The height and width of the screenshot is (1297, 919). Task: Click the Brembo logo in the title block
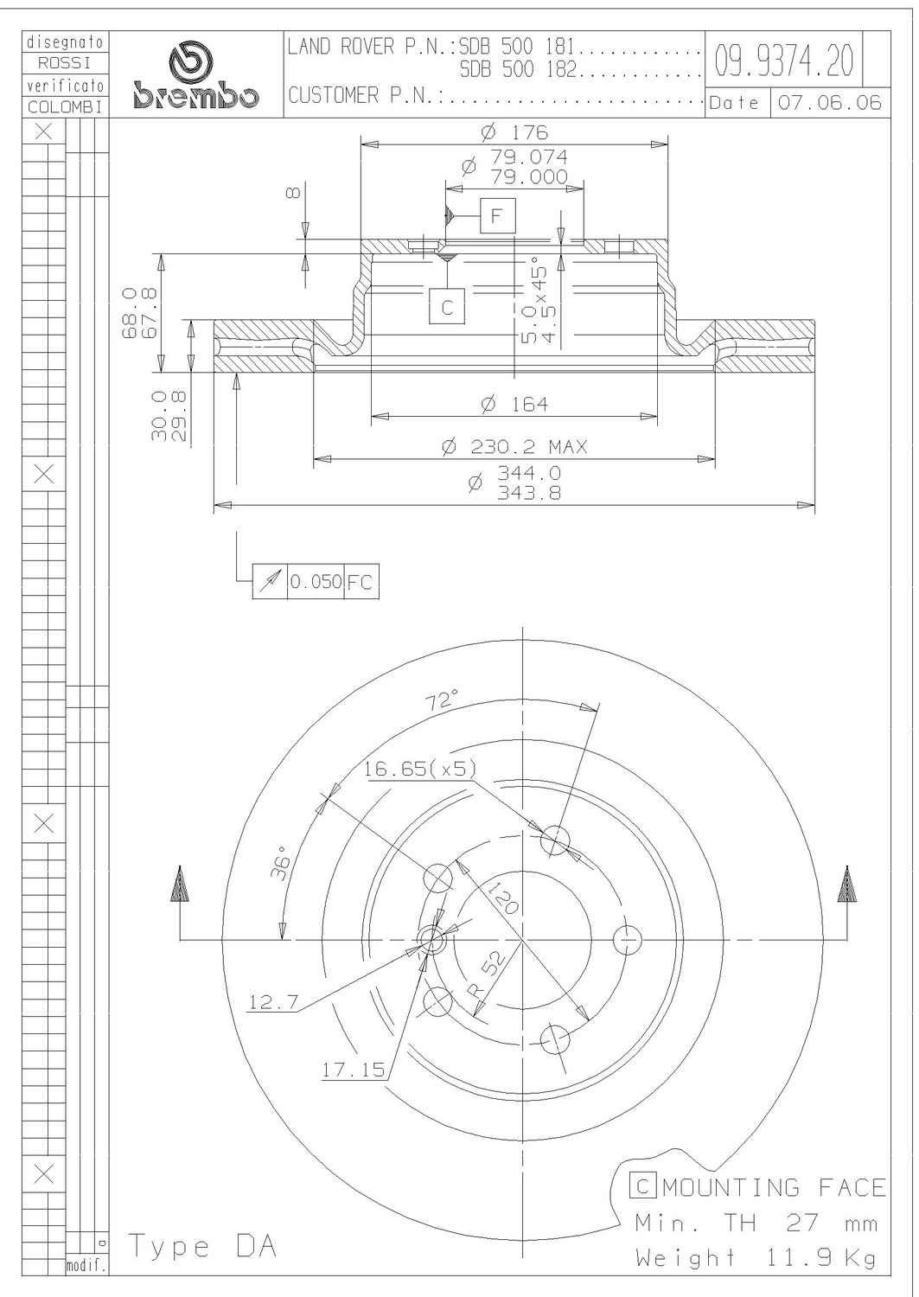pos(195,76)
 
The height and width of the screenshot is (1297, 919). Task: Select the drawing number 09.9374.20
pos(783,61)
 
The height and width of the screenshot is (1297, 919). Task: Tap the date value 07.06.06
pos(829,103)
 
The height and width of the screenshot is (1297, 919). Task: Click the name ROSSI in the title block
pos(64,62)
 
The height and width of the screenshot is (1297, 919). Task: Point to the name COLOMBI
pos(66,107)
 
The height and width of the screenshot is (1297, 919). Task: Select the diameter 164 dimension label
pos(514,404)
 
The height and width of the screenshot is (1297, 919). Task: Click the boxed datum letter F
pos(497,216)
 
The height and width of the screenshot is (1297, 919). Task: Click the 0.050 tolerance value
pos(316,581)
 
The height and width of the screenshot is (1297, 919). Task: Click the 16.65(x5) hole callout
pos(420,769)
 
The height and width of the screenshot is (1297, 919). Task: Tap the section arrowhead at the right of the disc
pos(846,885)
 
